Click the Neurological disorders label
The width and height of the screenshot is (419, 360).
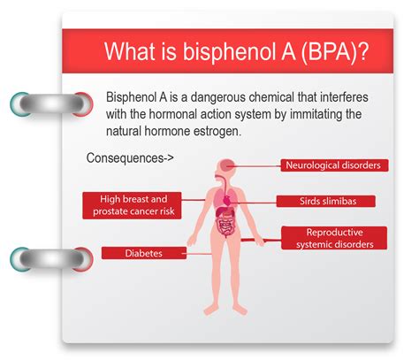pyautogui.click(x=334, y=165)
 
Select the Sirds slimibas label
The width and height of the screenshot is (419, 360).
pyautogui.click(x=326, y=201)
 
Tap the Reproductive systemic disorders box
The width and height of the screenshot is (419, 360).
pyautogui.click(x=334, y=238)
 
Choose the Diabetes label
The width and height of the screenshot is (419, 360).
pyautogui.click(x=144, y=253)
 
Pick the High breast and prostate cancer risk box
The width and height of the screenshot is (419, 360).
pyautogui.click(x=132, y=205)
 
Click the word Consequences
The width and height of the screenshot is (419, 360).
pyautogui.click(x=126, y=158)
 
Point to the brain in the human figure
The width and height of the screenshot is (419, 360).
pyautogui.click(x=226, y=165)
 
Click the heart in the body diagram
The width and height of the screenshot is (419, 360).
pyautogui.click(x=227, y=201)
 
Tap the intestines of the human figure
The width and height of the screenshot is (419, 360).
pyautogui.click(x=225, y=228)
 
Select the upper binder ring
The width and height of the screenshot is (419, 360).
pyautogui.click(x=51, y=104)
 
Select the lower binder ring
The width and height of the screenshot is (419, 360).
pyautogui.click(x=51, y=259)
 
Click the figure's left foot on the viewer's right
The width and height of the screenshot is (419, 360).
pyautogui.click(x=240, y=309)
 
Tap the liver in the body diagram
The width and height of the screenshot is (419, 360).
pyautogui.click(x=221, y=212)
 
